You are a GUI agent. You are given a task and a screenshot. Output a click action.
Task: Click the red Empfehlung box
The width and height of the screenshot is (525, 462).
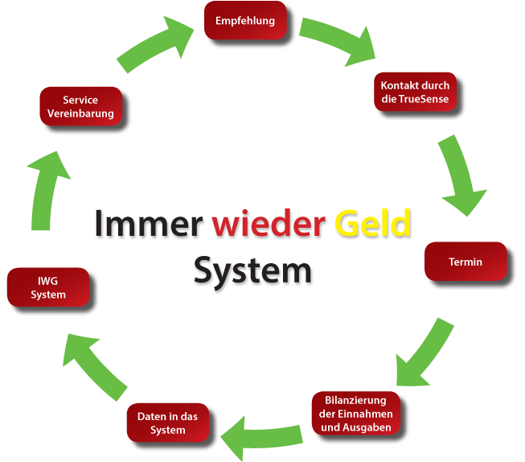point(244,21)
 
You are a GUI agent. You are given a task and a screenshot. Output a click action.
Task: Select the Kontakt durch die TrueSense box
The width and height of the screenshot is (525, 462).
point(415,93)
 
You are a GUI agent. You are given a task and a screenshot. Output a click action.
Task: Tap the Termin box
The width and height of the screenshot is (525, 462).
point(466,262)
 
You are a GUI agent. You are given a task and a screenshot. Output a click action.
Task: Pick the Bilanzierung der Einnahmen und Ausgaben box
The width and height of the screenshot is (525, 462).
point(356,414)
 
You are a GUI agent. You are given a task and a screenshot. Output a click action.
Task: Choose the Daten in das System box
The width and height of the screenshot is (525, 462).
point(168,423)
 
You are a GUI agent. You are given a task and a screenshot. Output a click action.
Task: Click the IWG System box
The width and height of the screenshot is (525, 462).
point(48,288)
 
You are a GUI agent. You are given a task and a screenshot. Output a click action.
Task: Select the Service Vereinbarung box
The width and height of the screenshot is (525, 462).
point(80,106)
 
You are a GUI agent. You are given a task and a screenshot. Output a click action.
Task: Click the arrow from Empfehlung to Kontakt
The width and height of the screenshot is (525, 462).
point(338,42)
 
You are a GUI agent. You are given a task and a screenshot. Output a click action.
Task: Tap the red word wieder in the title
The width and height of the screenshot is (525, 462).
point(269,225)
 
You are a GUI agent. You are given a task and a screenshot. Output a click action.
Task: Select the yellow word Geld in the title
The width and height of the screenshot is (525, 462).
point(373,224)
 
